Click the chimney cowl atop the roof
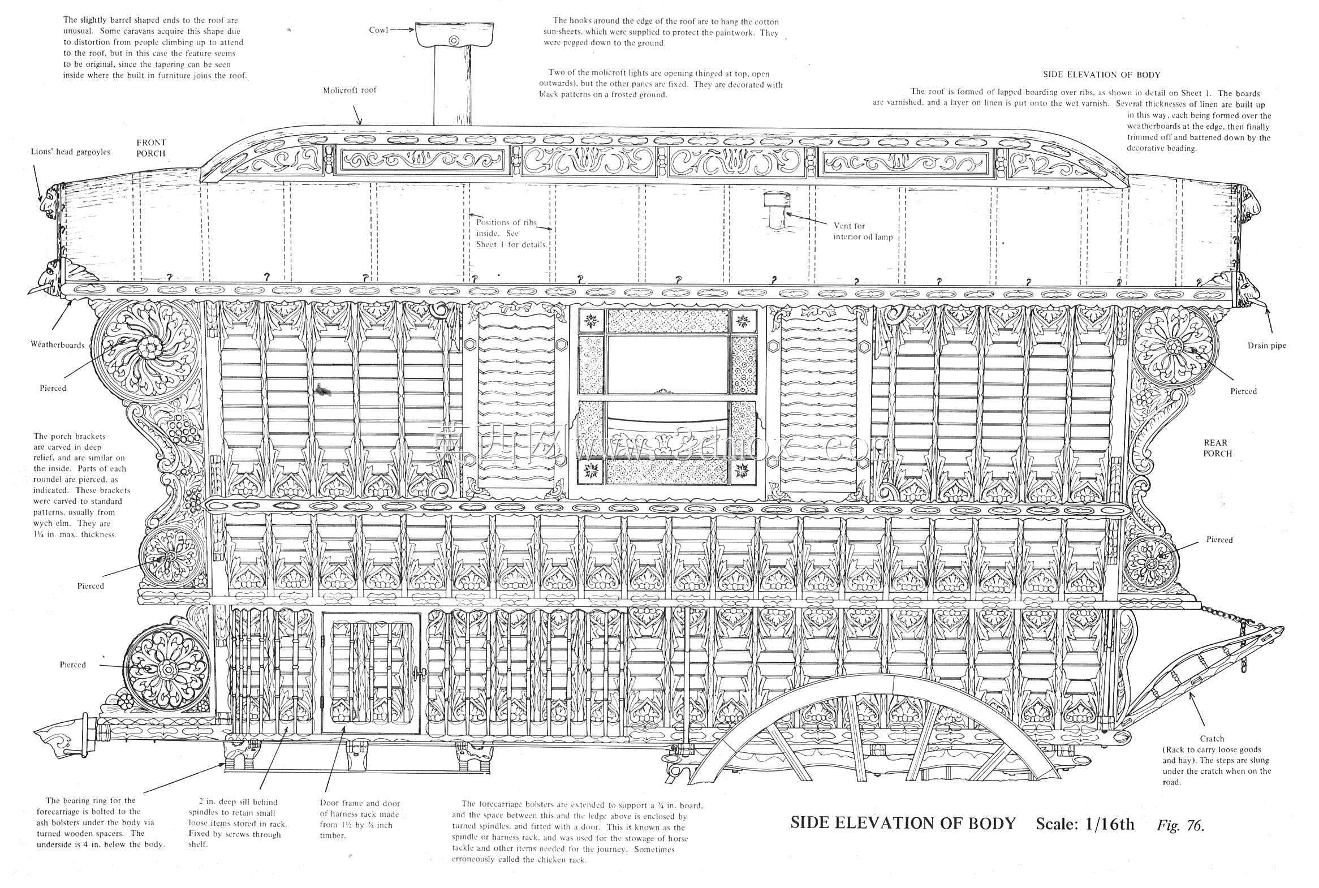point(454,35)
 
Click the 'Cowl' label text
point(378,30)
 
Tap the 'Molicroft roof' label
point(350,90)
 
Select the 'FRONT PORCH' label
point(150,148)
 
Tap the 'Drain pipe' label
point(1267,346)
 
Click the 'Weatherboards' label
point(58,345)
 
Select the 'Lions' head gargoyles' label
point(70,152)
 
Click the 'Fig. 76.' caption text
point(1180,826)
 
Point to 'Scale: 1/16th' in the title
point(1085,824)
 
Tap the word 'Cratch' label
point(1212,739)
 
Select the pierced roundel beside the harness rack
point(167,670)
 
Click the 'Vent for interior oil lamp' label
point(863,231)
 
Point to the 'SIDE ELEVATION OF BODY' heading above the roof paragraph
point(1102,75)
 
